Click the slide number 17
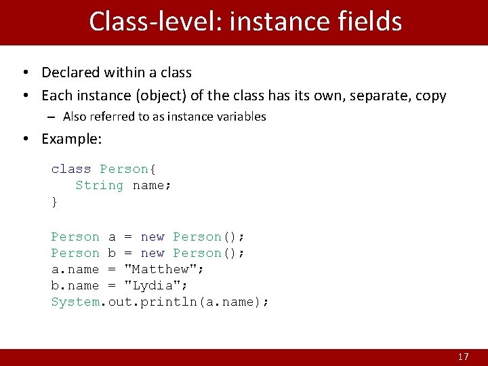(463, 357)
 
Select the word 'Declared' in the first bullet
(70, 73)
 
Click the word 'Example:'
(71, 139)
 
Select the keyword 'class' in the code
(71, 169)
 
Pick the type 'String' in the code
(100, 185)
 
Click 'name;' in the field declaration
(152, 185)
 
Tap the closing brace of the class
(55, 201)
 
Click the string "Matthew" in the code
(165, 269)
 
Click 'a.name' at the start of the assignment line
(75, 269)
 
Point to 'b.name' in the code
(75, 285)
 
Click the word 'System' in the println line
(75, 302)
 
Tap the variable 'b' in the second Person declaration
(112, 253)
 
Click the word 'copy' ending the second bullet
(431, 96)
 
